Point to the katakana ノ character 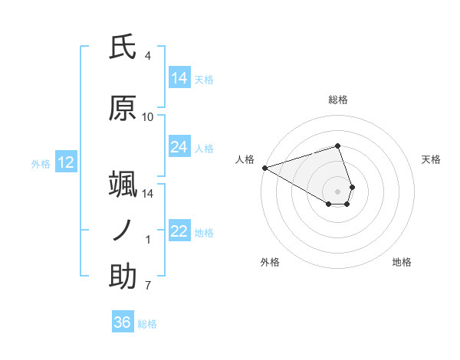[x=123, y=231]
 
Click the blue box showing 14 [x=179, y=77]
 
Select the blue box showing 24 [x=179, y=147]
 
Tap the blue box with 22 [x=179, y=231]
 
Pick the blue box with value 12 [x=65, y=162]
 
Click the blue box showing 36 [x=123, y=322]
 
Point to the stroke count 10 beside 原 [x=148, y=117]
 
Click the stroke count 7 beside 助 [x=148, y=286]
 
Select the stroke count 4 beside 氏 [x=148, y=56]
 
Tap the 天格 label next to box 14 [x=204, y=79]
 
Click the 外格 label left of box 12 [x=41, y=163]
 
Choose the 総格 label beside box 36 [x=147, y=324]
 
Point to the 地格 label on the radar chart [x=402, y=262]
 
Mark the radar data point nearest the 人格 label [x=264, y=167]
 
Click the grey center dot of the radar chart [x=337, y=191]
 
